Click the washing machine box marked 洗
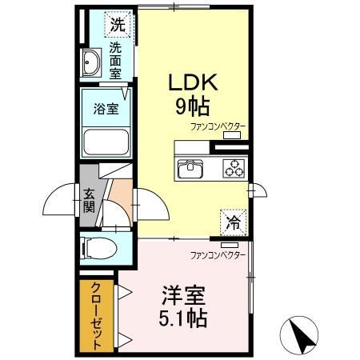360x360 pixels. pyautogui.click(x=118, y=23)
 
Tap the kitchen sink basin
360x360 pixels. pyautogui.click(x=193, y=168)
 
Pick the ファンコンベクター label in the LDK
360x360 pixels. pyautogui.click(x=218, y=126)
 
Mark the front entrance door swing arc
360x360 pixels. pyautogui.click(x=60, y=200)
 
